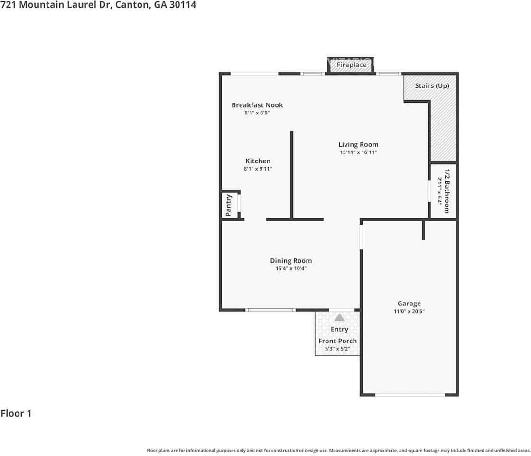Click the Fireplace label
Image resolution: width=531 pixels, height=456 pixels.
(351, 65)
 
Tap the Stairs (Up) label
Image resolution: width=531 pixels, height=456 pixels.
(432, 86)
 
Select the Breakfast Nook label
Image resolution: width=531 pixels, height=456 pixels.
(257, 105)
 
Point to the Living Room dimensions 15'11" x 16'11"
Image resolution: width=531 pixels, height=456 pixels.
(358, 152)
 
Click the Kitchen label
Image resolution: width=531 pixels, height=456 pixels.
(258, 161)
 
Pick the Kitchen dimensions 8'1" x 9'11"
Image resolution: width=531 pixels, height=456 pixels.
(258, 169)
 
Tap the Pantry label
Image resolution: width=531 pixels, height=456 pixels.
(228, 205)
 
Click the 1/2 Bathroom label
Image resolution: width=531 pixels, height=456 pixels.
(447, 191)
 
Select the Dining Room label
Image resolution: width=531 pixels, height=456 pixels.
(291, 261)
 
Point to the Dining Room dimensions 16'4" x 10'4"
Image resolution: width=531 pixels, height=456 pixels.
(291, 268)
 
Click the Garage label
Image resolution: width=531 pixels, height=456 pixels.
(409, 304)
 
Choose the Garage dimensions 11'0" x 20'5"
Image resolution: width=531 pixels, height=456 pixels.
(409, 311)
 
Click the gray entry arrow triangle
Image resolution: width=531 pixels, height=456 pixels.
(339, 318)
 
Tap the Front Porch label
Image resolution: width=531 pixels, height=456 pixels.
(337, 341)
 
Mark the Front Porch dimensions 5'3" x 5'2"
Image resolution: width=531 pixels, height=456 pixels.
(337, 349)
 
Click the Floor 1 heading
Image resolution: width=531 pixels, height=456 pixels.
(16, 413)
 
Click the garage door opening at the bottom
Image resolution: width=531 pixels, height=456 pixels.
(410, 395)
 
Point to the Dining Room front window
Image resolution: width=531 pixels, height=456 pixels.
(270, 310)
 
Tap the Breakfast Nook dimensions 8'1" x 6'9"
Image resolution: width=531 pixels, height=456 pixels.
(257, 113)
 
